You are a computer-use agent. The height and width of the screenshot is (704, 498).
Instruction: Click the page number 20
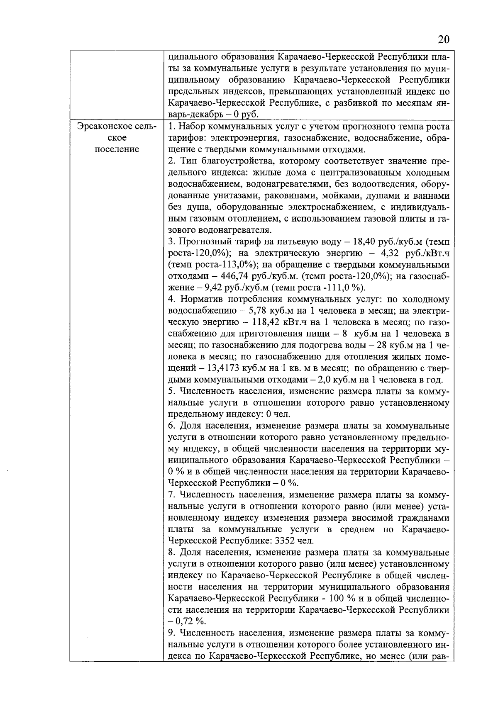coord(443,40)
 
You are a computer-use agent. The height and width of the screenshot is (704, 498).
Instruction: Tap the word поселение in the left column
coord(117,149)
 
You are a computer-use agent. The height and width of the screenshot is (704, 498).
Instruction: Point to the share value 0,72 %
coord(190,621)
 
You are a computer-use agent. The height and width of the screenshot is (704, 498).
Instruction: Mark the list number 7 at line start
coord(171,495)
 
